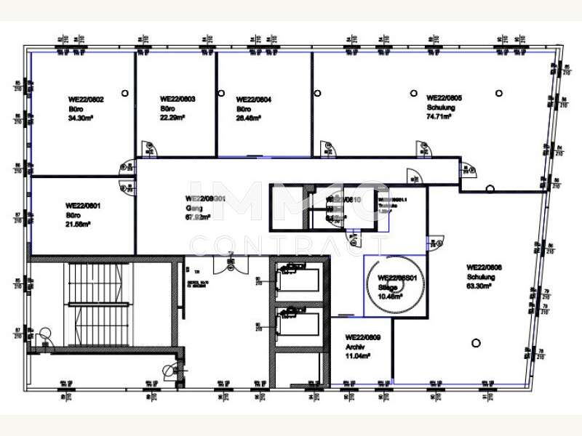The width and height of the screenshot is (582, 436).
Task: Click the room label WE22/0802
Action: pyautogui.click(x=86, y=100)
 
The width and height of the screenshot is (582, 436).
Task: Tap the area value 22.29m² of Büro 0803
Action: pyautogui.click(x=172, y=116)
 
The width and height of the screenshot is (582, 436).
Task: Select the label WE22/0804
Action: pyautogui.click(x=254, y=100)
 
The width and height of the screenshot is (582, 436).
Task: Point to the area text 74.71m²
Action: pyautogui.click(x=439, y=116)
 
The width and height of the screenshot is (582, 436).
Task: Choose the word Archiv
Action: pyautogui.click(x=354, y=347)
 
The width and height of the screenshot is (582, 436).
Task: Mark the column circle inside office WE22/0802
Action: pyautogui.click(x=125, y=92)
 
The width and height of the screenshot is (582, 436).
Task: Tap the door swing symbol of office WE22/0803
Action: pyautogui.click(x=148, y=148)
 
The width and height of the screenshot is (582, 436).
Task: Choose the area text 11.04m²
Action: pyautogui.click(x=357, y=355)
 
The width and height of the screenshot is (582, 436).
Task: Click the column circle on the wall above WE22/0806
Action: pyautogui.click(x=490, y=189)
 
